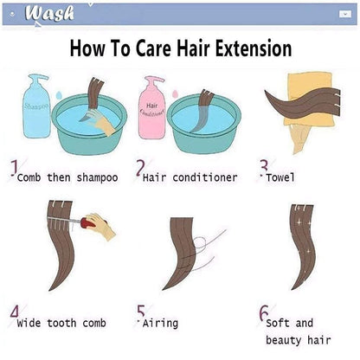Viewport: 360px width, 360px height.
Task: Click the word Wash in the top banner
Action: (x=49, y=13)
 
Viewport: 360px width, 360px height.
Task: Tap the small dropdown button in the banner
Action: (x=345, y=14)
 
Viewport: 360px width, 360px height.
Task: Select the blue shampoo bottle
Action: (x=36, y=106)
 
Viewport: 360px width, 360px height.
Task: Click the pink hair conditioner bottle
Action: (x=151, y=107)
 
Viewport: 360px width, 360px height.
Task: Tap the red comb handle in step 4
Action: (x=88, y=222)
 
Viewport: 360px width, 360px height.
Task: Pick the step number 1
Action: (x=14, y=168)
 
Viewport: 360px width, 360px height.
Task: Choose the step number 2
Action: (x=140, y=168)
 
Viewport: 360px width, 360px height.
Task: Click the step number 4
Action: (x=15, y=312)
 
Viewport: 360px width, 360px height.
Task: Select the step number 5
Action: (x=141, y=312)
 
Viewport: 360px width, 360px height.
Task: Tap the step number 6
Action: (x=263, y=312)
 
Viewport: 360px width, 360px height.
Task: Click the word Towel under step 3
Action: (x=280, y=177)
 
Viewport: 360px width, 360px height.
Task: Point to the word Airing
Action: (x=160, y=323)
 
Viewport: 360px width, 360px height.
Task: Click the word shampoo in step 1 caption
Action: (x=97, y=178)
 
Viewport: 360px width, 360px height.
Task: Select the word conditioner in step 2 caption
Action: (x=205, y=177)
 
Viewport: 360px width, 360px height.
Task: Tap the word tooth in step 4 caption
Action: (x=61, y=323)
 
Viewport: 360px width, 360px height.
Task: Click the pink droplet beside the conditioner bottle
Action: (x=175, y=94)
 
